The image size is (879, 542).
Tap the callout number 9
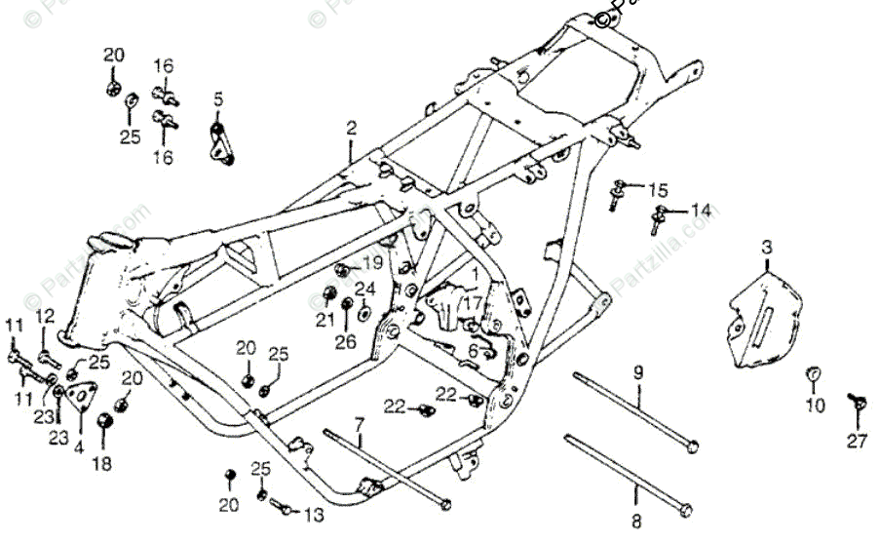pos(638,371)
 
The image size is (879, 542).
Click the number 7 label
pos(359,424)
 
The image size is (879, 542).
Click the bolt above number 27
pos(856,401)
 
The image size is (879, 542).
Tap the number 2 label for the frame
pos(351,128)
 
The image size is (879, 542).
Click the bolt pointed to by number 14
pos(660,216)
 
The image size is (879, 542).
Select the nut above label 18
pos(102,422)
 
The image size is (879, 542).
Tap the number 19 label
pos(373,263)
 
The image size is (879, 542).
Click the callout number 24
pos(364,289)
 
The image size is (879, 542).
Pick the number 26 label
pos(346,341)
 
